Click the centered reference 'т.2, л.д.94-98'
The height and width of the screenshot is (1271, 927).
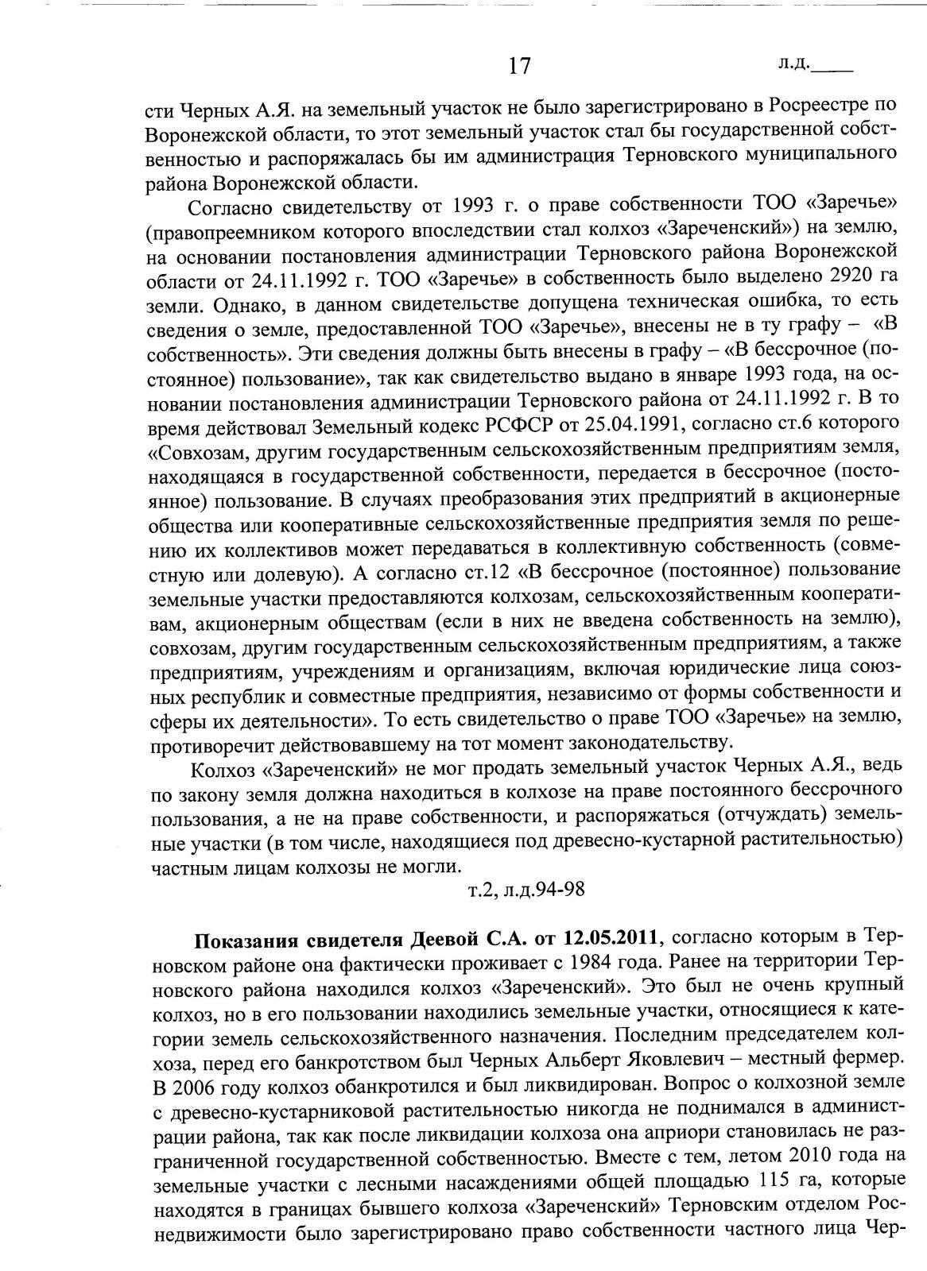(526, 889)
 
